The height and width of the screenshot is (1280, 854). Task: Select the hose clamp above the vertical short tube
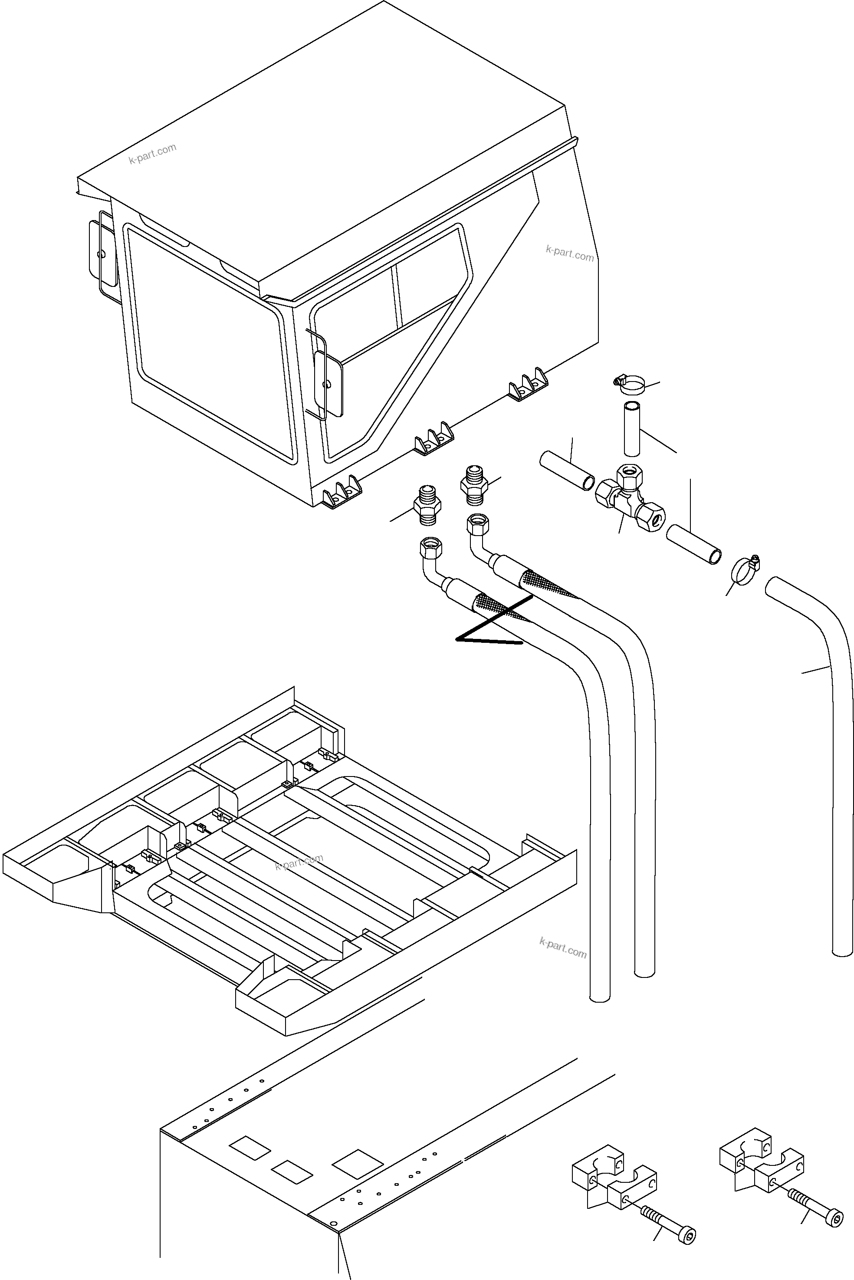629,385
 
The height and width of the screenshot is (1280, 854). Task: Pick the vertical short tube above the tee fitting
632,429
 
